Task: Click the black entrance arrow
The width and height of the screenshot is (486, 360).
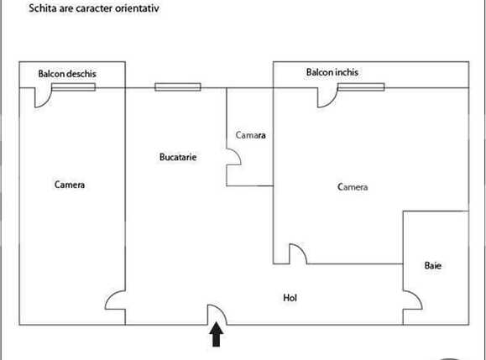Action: (x=216, y=336)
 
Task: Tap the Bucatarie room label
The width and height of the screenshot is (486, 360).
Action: (x=178, y=157)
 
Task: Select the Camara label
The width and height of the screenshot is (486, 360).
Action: (x=250, y=135)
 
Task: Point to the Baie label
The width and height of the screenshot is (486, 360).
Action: (x=433, y=266)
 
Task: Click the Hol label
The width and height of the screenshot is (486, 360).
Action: (x=290, y=298)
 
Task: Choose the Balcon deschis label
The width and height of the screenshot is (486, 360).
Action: (x=67, y=74)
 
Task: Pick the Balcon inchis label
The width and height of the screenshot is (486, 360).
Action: (x=332, y=72)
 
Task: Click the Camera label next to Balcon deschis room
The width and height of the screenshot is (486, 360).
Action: (x=70, y=185)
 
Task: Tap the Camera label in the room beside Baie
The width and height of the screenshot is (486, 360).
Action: (x=353, y=187)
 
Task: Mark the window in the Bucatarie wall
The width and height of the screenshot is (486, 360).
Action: (x=178, y=86)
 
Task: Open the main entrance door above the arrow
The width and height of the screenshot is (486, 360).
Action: (x=217, y=313)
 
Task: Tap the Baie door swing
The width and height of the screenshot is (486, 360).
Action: (x=411, y=300)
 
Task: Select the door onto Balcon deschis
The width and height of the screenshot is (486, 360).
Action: (x=44, y=97)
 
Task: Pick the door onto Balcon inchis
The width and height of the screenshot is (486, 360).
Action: (x=326, y=97)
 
